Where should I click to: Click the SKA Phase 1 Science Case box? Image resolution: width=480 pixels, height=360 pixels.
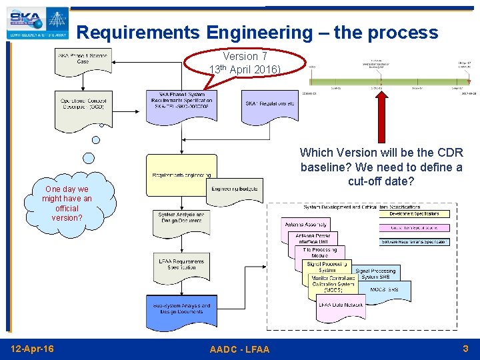83,61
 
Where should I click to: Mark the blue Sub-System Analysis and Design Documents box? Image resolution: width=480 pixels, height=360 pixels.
181,311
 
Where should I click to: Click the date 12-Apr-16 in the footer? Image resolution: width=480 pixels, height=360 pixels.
33,349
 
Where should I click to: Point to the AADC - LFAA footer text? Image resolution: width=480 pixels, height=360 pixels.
239,349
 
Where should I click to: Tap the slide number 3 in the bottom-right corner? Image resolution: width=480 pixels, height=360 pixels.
465,348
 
